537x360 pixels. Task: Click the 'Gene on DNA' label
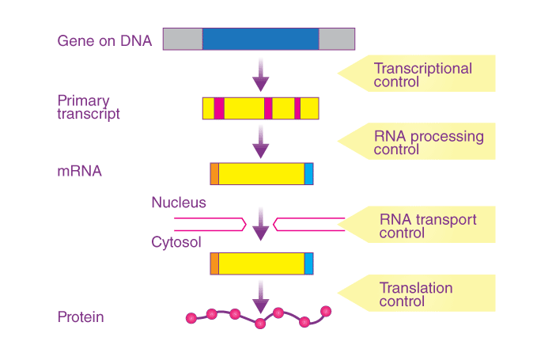[x=104, y=41]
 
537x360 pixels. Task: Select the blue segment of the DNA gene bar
[x=261, y=39]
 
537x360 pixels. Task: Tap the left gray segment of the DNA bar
[x=183, y=39]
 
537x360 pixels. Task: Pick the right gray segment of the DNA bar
[x=337, y=39]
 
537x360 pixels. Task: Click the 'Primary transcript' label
[x=89, y=108]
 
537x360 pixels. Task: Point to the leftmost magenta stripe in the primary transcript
[x=219, y=108]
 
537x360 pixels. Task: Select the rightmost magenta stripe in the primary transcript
[x=297, y=108]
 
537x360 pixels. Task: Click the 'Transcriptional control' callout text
[x=422, y=75]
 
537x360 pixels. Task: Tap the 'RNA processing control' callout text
[x=429, y=143]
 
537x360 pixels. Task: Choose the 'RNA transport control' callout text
[x=428, y=226]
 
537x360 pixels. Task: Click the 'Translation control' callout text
[x=416, y=294]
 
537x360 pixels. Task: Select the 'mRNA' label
[x=79, y=171]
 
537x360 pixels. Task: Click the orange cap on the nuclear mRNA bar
[x=215, y=173]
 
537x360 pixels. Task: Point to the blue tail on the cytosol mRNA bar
[x=308, y=263]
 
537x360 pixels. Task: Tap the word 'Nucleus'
[x=179, y=203]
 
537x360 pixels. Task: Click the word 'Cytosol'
[x=176, y=242]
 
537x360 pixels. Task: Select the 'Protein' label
[x=81, y=316]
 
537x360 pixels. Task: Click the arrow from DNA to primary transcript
[x=261, y=74]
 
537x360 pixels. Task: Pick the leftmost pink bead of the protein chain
[x=191, y=318]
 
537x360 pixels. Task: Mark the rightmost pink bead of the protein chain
[x=326, y=312]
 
